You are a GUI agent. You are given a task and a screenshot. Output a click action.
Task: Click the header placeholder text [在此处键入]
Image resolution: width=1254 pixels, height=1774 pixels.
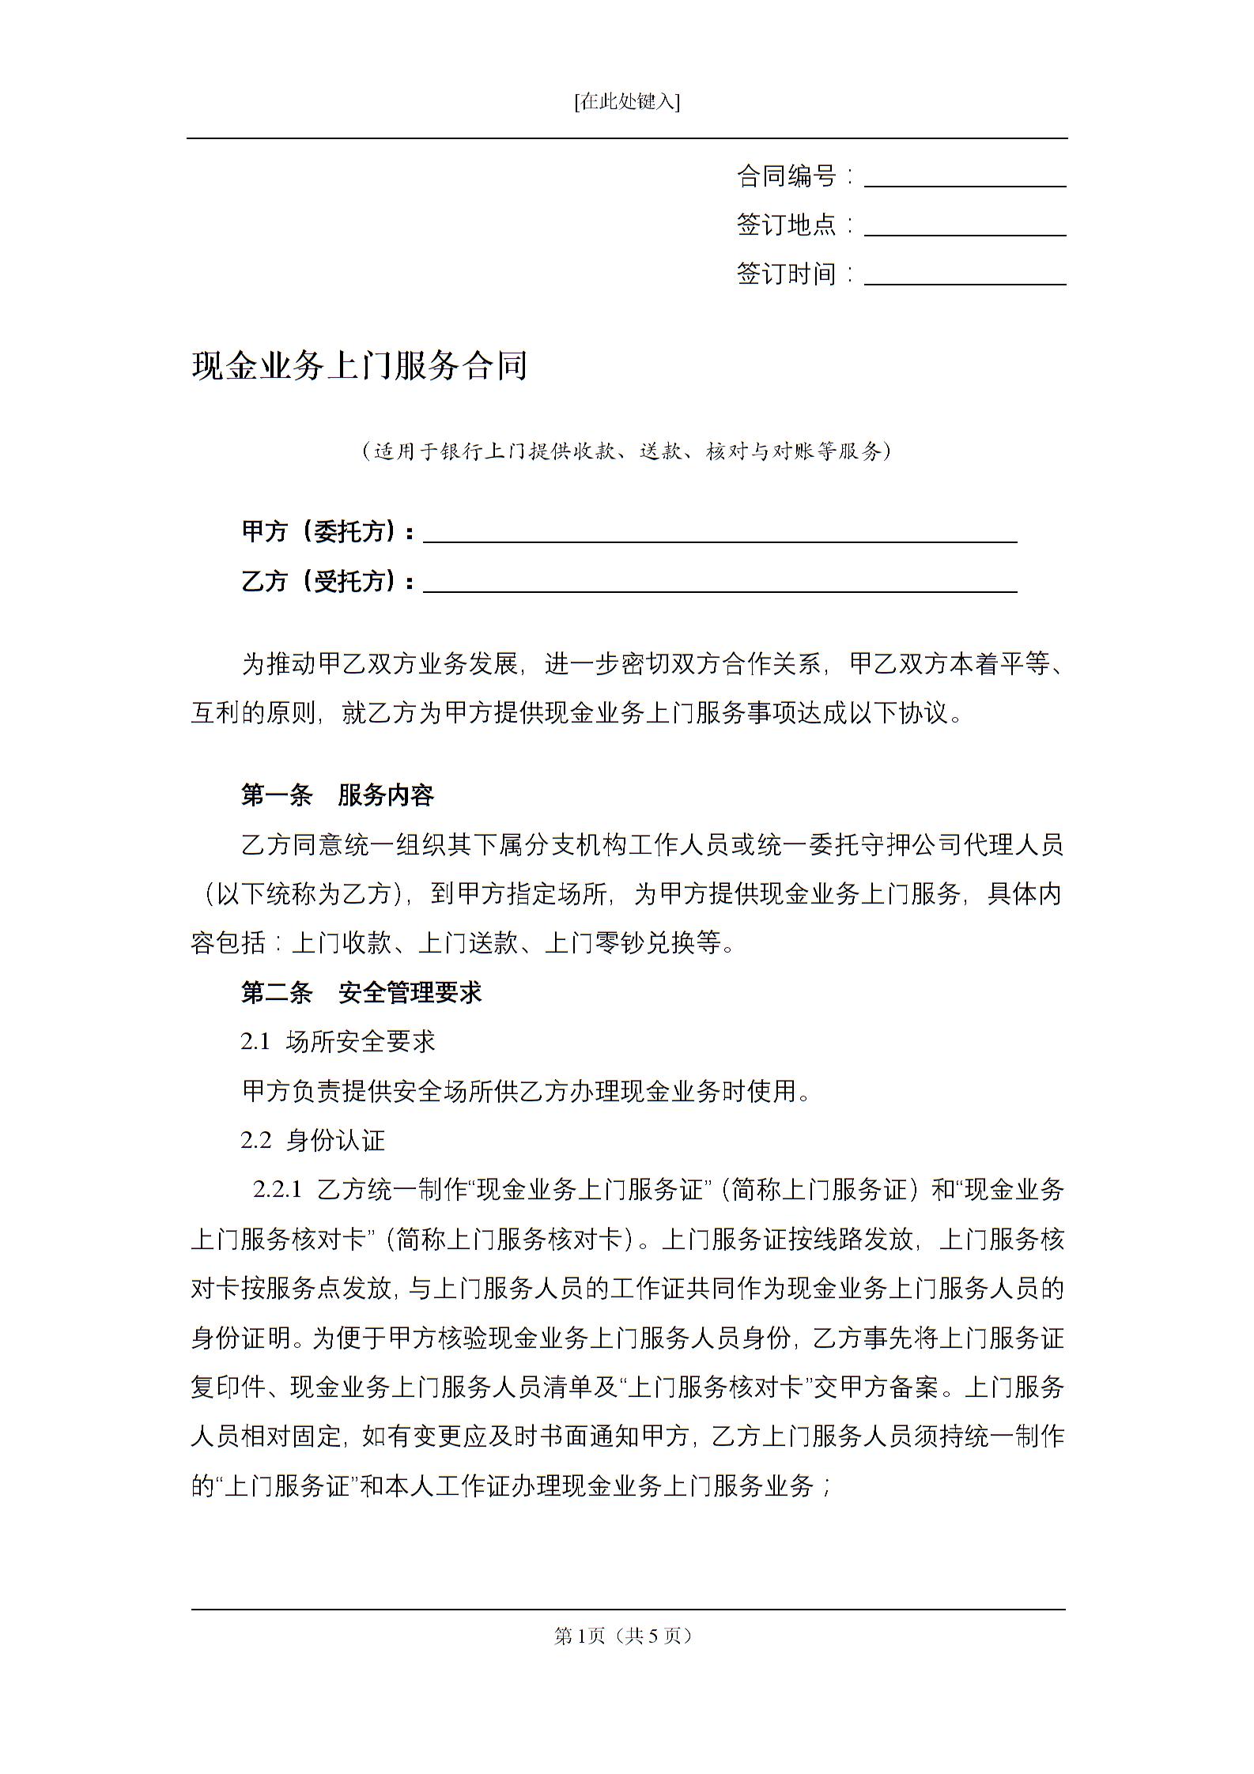627,101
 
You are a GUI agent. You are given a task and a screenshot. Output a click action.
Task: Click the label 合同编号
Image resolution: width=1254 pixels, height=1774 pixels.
786,176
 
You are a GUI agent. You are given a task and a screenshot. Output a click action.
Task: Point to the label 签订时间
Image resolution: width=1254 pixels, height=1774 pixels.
786,274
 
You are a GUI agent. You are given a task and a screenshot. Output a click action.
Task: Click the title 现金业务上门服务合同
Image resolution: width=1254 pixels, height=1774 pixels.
360,366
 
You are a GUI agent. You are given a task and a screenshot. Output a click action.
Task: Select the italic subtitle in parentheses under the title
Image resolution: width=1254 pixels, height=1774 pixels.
627,451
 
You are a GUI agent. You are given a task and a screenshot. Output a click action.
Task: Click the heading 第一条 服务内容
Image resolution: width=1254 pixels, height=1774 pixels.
338,795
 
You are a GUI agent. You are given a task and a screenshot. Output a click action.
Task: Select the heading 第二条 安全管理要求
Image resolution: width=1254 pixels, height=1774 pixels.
361,992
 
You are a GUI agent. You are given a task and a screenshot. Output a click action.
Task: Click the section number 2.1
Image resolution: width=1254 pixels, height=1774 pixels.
255,1042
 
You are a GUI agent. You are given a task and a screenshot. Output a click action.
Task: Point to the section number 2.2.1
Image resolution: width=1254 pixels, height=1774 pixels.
278,1190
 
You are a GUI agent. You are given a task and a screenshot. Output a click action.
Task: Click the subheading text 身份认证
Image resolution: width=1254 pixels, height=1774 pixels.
335,1140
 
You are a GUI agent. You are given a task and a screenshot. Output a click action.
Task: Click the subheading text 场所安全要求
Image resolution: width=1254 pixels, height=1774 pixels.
361,1042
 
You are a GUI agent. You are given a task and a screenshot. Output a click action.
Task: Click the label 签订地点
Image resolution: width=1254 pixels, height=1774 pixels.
786,225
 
